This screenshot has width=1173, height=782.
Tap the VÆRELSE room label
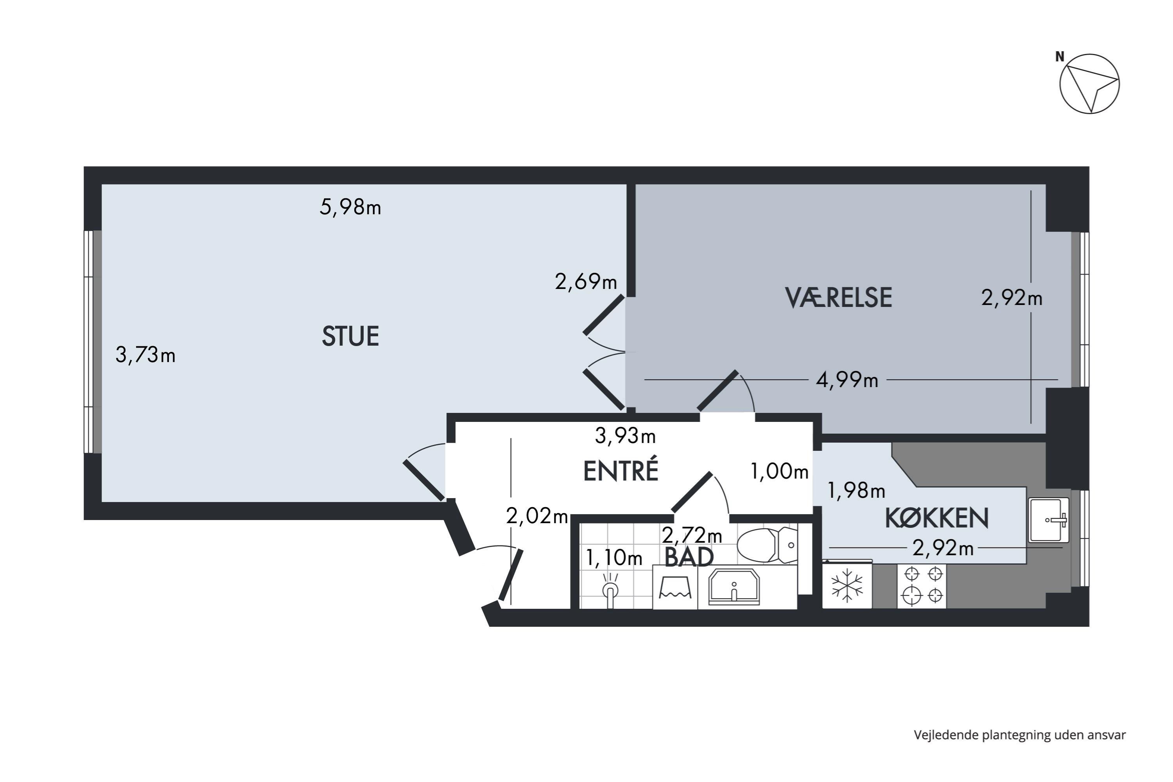[x=838, y=298]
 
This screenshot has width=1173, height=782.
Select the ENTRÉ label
[x=621, y=471]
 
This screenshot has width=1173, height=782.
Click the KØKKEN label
[x=936, y=519]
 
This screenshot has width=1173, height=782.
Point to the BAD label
[x=689, y=558]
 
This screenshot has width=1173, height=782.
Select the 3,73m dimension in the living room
[x=145, y=355]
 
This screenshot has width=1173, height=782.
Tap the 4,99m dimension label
[x=847, y=380]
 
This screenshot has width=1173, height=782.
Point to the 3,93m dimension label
[x=625, y=436]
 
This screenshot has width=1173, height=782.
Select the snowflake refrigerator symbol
[x=847, y=586]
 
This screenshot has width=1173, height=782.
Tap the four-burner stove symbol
[x=923, y=586]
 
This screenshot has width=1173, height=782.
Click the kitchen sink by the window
[x=1048, y=520]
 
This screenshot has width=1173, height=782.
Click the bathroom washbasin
[x=734, y=588]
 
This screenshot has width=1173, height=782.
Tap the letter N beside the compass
[x=1059, y=57]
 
